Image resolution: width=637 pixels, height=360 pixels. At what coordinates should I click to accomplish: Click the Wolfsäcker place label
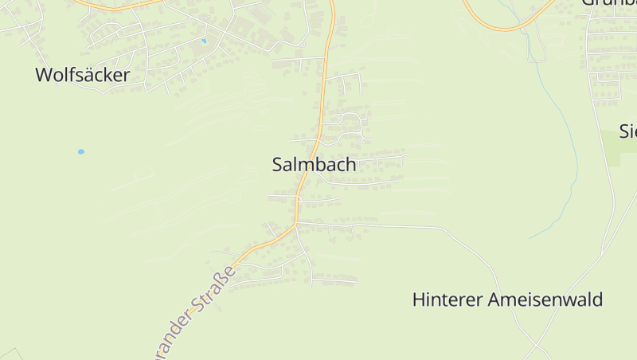tap(82, 76)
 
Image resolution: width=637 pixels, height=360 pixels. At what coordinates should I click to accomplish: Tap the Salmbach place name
tap(314, 165)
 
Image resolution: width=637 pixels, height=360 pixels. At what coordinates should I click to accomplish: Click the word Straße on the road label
tap(215, 289)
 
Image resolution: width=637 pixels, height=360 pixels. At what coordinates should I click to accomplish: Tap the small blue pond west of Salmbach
tap(80, 151)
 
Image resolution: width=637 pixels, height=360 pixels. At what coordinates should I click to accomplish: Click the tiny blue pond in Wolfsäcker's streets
tap(204, 41)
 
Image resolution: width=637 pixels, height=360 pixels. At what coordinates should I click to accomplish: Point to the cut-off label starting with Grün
tap(608, 3)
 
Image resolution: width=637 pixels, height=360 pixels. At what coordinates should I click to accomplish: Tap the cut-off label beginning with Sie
tap(628, 131)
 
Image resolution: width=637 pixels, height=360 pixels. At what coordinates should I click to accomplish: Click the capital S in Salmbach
tap(278, 165)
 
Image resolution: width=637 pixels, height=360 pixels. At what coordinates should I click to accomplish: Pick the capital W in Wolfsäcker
tap(45, 76)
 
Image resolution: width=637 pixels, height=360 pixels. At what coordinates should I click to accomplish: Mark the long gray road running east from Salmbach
tap(398, 227)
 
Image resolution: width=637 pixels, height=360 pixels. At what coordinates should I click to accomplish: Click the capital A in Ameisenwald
tap(495, 300)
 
